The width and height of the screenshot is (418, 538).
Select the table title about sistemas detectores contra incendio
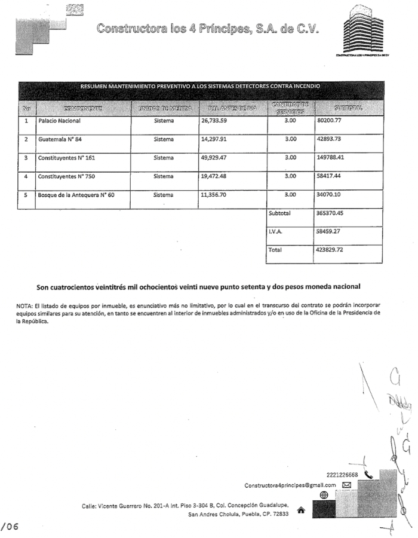tap(200, 86)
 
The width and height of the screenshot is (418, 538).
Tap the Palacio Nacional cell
tap(59, 120)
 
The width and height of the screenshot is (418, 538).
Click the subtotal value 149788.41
tap(332, 158)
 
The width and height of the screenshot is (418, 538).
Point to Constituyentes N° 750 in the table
tap(66, 177)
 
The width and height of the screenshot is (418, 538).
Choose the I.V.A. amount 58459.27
tap(328, 231)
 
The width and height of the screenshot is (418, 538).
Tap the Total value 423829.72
tap(330, 250)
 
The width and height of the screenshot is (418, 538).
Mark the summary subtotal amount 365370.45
tap(330, 213)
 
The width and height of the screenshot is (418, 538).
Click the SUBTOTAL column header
tap(349, 108)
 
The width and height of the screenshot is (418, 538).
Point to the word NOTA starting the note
tap(24, 305)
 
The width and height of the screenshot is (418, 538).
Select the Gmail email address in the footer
tap(290, 485)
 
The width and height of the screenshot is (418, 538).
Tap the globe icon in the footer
tap(324, 495)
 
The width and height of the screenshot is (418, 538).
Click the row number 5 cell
tap(26, 195)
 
